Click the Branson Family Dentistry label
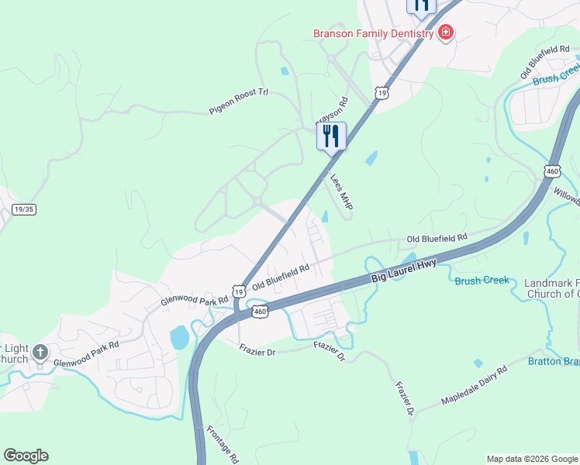(373, 33)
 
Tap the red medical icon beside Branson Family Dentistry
(446, 33)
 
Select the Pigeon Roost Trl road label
(238, 102)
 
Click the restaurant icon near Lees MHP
(331, 136)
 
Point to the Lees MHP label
(341, 193)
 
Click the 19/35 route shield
(24, 209)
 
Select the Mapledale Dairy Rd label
(474, 385)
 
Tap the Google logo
(26, 456)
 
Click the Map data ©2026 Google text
(531, 459)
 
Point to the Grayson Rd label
(331, 112)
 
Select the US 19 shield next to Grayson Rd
(381, 93)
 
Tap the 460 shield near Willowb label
(552, 171)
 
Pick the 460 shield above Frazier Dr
(260, 312)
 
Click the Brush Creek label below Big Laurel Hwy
(481, 280)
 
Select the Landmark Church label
(551, 288)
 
